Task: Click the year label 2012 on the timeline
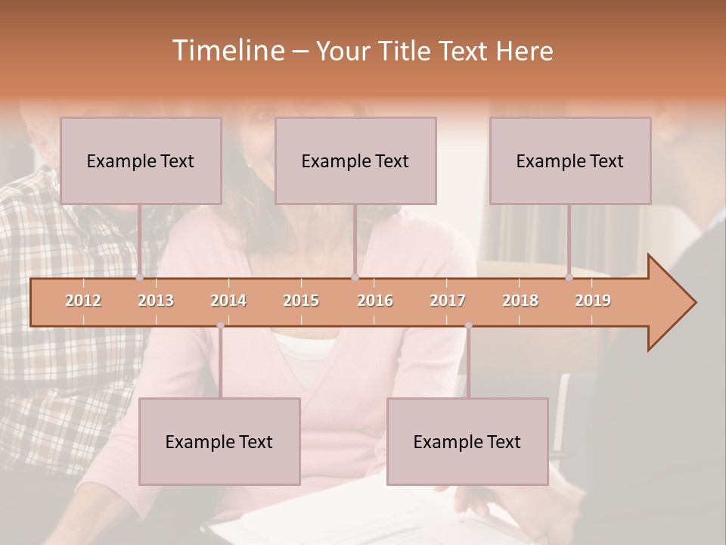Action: [x=83, y=301]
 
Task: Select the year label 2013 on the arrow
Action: [x=156, y=301]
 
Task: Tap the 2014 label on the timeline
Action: [x=228, y=301]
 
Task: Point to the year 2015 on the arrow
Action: [x=301, y=301]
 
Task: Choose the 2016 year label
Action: [x=375, y=301]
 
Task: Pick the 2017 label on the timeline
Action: [x=448, y=301]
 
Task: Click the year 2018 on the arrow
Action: [x=520, y=301]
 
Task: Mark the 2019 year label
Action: [x=593, y=301]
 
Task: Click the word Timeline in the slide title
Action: [x=227, y=51]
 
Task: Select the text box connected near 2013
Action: [x=141, y=160]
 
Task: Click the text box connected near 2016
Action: [x=355, y=160]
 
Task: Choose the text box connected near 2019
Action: [x=570, y=160]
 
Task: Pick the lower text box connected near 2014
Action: [x=219, y=441]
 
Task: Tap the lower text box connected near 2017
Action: [x=467, y=441]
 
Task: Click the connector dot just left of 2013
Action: [x=140, y=278]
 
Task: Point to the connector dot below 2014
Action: [x=220, y=325]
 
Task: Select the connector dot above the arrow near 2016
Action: [x=355, y=278]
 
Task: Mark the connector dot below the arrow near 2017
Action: [x=468, y=325]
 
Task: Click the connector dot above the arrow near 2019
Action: [x=569, y=278]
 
